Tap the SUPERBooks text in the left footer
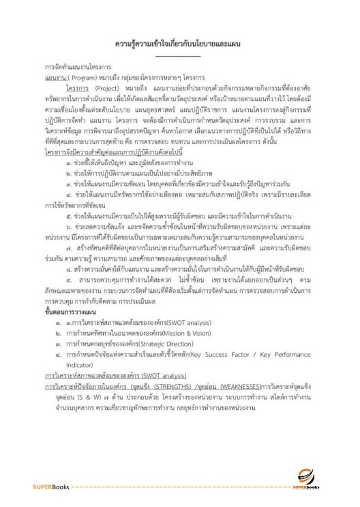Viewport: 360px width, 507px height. point(42,496)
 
